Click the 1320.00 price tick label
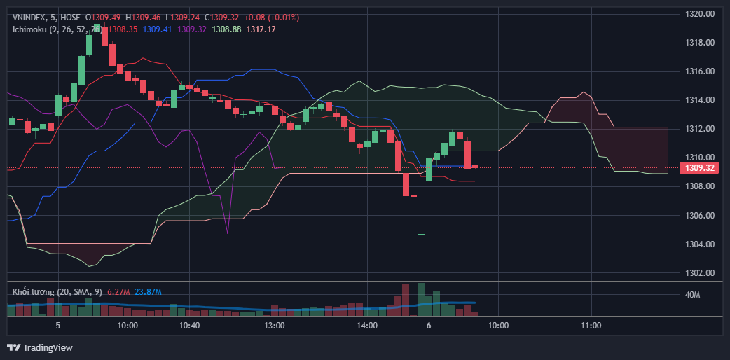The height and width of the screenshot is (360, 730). pos(699,13)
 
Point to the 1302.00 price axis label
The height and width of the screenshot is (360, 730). pos(699,273)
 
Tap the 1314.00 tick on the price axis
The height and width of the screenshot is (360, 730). pos(699,100)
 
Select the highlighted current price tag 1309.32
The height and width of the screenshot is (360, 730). pos(699,168)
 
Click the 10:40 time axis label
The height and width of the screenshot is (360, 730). pos(189,326)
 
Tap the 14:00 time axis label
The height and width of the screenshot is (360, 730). pos(367,326)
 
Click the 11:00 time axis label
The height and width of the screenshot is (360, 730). pos(591,326)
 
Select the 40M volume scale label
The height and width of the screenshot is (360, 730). pos(692,295)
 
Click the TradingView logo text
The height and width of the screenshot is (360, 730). pos(48,347)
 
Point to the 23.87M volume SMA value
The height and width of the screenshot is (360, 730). pos(148,291)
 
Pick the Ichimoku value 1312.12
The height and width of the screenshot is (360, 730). pos(261,29)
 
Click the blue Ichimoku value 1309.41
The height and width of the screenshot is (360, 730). pos(157,29)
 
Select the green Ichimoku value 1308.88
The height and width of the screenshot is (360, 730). pos(226,29)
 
